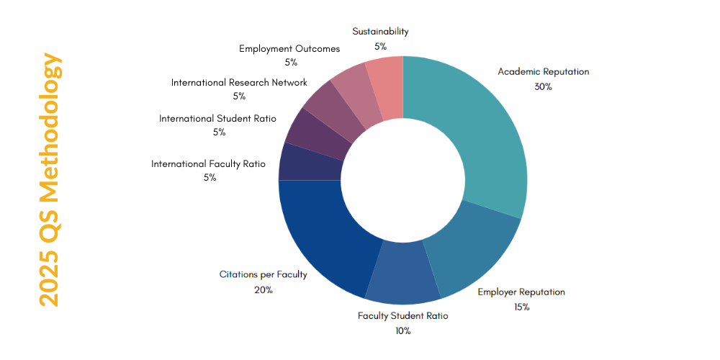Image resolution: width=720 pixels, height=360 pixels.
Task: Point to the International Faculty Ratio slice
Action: [310, 163]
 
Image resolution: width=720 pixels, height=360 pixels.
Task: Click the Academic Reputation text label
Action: [543, 72]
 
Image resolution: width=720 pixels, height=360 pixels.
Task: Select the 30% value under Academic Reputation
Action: [543, 87]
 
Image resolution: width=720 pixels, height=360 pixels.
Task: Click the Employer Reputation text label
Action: [521, 292]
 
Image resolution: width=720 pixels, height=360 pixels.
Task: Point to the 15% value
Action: [521, 307]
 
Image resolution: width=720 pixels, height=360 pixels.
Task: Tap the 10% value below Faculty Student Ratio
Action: [402, 331]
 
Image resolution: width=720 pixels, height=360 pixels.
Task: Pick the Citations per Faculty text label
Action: [263, 275]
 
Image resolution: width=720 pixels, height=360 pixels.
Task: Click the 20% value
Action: [263, 290]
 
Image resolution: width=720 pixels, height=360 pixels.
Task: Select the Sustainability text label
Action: [380, 32]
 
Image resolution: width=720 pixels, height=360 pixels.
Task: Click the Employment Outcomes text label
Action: [289, 49]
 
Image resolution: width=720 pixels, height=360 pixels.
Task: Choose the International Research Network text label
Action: [239, 83]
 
